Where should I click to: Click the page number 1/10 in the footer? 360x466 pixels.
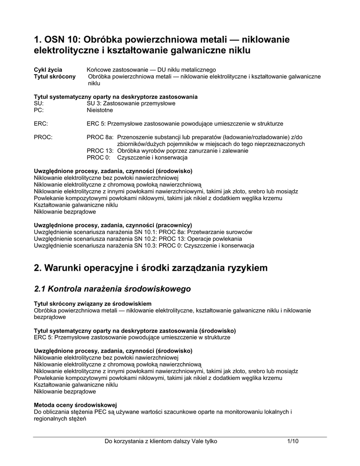(x=293, y=441)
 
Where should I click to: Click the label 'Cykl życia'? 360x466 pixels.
(x=48, y=70)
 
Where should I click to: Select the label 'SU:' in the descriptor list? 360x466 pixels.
(x=40, y=103)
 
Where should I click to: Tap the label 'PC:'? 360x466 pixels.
(x=40, y=110)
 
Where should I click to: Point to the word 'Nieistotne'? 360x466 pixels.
(x=100, y=110)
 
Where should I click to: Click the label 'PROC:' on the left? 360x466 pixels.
(x=43, y=137)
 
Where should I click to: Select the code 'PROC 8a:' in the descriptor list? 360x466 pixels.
(x=100, y=137)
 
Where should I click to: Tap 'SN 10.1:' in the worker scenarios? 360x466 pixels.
(x=133, y=232)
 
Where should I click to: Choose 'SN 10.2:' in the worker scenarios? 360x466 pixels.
(x=133, y=239)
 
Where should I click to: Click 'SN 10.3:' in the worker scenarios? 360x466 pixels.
(x=133, y=246)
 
